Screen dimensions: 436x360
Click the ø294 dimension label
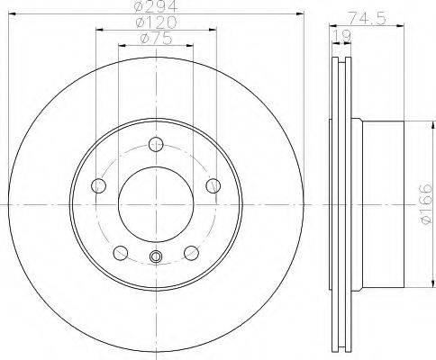click(x=156, y=6)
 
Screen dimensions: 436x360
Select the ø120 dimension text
click(x=156, y=22)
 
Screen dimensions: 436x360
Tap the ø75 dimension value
click(x=156, y=39)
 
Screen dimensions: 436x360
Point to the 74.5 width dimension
click(x=367, y=19)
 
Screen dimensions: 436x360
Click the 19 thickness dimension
click(x=341, y=36)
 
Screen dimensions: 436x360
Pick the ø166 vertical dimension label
click(x=426, y=204)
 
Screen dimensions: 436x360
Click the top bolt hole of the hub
click(x=156, y=144)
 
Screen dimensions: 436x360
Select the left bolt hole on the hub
click(x=98, y=185)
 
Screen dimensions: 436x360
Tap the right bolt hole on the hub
click(x=213, y=185)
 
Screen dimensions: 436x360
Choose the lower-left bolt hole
click(x=121, y=253)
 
